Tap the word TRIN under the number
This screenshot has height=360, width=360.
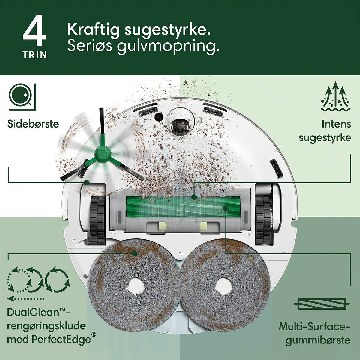[35, 55]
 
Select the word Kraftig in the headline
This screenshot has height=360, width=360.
[94, 30]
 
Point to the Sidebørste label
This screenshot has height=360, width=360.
[33, 124]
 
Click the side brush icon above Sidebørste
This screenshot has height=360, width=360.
[22, 97]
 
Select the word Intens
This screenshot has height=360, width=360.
[336, 124]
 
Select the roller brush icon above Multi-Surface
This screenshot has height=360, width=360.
[322, 304]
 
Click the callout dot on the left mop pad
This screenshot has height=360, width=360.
[135, 253]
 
